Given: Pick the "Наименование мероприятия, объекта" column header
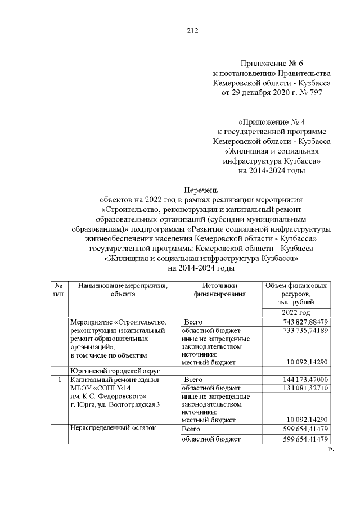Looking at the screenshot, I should pos(123,290).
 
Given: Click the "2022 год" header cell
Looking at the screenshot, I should pos(296,313).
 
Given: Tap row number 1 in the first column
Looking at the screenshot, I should pos(58,380).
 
